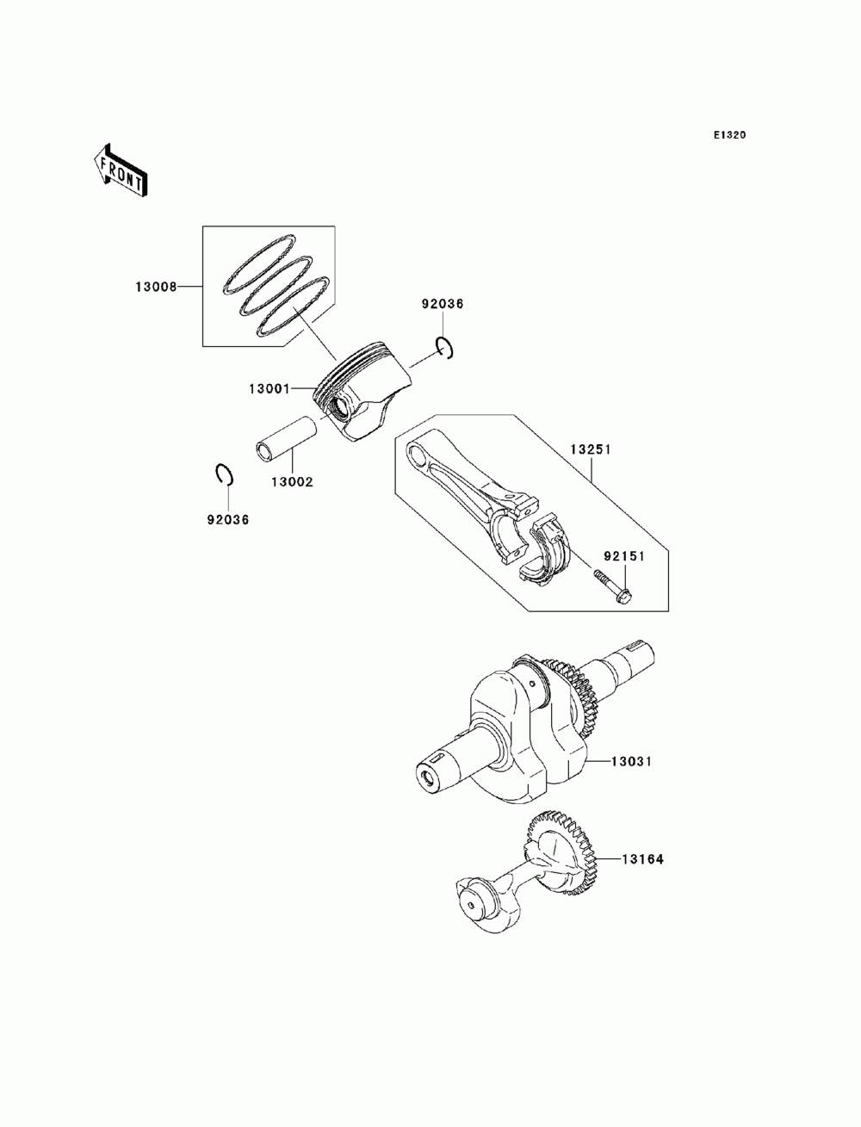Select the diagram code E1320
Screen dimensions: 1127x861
click(728, 135)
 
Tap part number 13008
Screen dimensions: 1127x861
click(155, 287)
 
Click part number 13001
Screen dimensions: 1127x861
click(269, 389)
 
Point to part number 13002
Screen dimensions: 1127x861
click(292, 481)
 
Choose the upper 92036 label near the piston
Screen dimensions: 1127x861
click(442, 304)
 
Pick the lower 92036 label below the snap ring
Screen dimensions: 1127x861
click(227, 519)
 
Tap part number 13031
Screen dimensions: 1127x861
click(633, 761)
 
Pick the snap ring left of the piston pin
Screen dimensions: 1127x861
click(223, 474)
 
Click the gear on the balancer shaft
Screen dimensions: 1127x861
click(560, 852)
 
